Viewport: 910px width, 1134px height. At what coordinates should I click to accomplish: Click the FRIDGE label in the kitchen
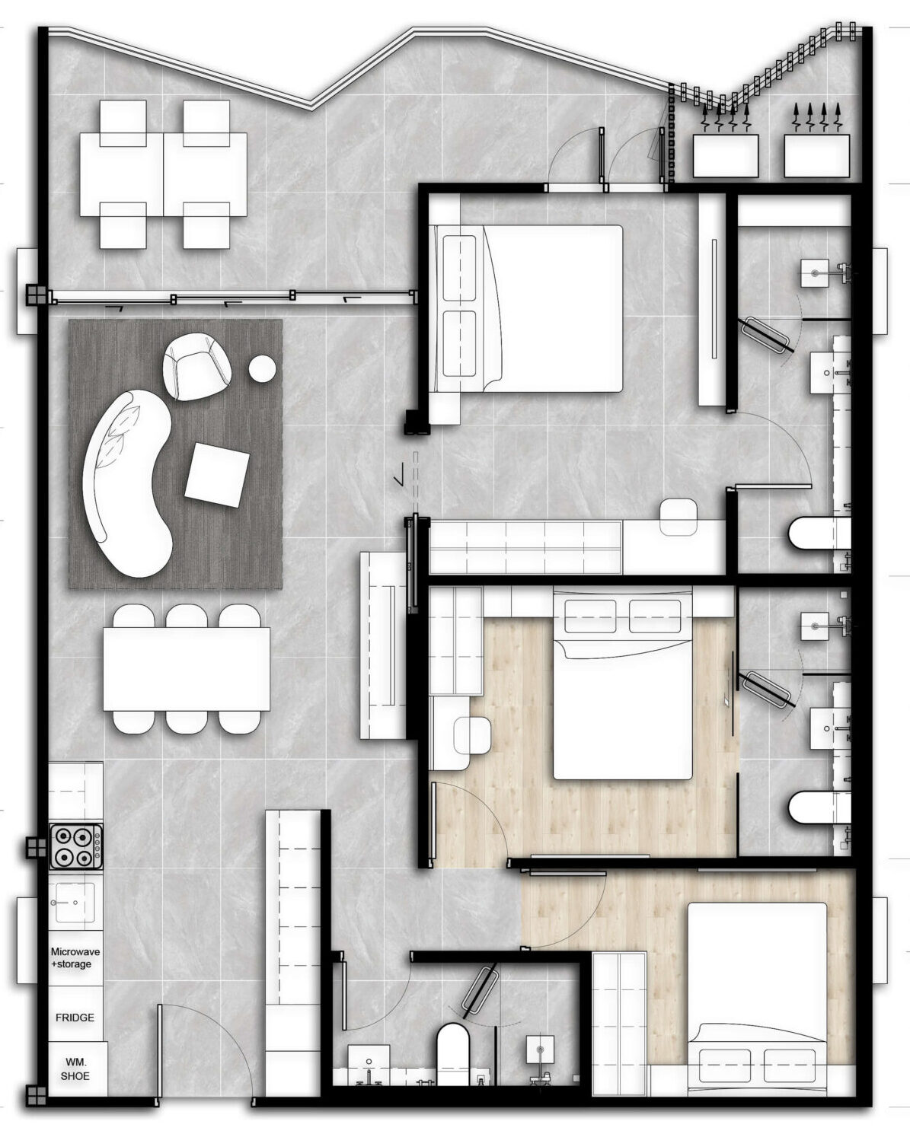[x=75, y=1018]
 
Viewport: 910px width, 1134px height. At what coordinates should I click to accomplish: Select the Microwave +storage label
[x=75, y=957]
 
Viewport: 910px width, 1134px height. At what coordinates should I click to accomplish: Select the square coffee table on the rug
[x=217, y=475]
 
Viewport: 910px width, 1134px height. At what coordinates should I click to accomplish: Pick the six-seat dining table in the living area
[x=187, y=669]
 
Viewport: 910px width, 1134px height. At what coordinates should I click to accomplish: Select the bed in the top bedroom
[x=527, y=309]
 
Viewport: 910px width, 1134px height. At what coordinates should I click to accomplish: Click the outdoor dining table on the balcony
[x=164, y=174]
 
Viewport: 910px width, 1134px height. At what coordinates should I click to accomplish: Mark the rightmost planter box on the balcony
[x=816, y=155]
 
